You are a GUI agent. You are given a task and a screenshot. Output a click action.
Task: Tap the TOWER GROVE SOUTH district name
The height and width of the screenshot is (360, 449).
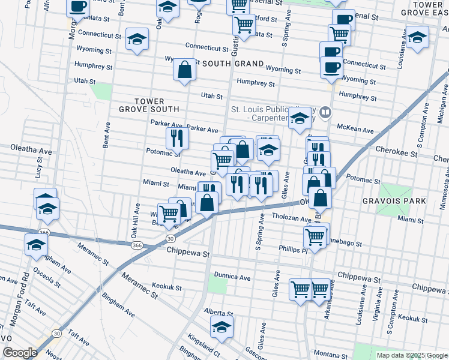[149, 105]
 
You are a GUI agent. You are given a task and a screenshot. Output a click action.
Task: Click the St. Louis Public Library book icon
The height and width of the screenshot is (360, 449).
[325, 112]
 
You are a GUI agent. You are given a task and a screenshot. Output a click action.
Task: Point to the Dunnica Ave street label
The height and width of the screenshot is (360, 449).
[232, 278]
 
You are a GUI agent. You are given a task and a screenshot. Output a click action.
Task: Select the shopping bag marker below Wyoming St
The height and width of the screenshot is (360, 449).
[185, 69]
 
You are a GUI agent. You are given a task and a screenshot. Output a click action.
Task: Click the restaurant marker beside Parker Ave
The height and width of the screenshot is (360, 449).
[176, 138]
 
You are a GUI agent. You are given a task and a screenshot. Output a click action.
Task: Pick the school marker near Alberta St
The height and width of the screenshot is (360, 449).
[221, 327]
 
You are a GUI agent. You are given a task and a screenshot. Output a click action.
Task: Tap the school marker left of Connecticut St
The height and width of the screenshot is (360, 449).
[137, 39]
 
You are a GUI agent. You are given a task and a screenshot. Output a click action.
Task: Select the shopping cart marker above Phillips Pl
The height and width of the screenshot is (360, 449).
[316, 235]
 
